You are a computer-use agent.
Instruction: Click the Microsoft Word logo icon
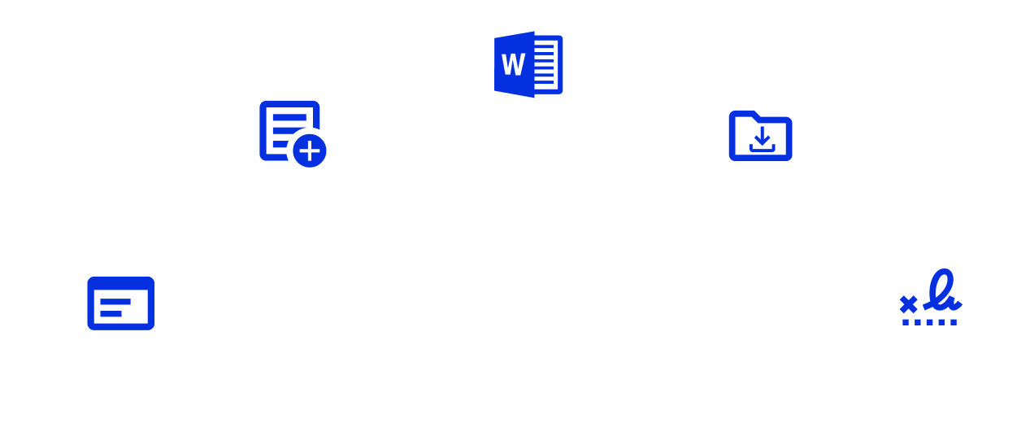click(x=528, y=60)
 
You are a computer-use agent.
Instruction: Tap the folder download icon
click(x=759, y=135)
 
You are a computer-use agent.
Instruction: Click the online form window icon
click(x=120, y=305)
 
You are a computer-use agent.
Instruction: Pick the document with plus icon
click(x=291, y=133)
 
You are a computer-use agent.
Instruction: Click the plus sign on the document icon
click(x=309, y=151)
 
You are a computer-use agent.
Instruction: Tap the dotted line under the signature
click(x=931, y=323)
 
